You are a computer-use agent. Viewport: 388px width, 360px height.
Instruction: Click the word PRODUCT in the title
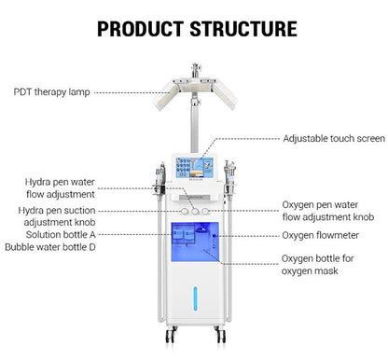click(x=140, y=29)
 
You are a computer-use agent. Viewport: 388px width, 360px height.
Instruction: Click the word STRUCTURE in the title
click(x=243, y=29)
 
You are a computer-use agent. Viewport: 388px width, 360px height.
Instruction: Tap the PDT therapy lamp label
click(x=51, y=92)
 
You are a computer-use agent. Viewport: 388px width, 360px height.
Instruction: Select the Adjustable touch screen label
click(x=334, y=138)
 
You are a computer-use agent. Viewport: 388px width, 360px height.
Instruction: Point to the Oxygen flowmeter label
click(x=320, y=235)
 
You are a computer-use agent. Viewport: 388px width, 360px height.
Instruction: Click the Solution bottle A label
click(x=61, y=235)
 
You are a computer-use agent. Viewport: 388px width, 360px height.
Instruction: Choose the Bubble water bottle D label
click(x=50, y=247)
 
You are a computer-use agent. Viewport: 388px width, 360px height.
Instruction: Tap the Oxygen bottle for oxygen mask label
click(x=317, y=265)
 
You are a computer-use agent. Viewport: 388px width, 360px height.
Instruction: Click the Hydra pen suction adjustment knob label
click(x=57, y=216)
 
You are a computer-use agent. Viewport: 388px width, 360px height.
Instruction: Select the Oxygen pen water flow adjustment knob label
click(x=327, y=211)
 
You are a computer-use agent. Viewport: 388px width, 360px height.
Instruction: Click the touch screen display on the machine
click(x=194, y=168)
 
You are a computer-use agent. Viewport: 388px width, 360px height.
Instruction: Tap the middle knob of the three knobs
click(x=195, y=212)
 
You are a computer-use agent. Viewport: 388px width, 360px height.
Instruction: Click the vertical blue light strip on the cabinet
click(x=195, y=298)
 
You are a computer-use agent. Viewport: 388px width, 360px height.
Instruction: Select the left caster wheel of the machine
click(x=170, y=336)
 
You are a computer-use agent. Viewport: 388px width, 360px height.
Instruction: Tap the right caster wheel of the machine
click(x=221, y=336)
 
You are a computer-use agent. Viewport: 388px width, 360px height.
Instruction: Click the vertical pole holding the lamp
click(x=195, y=124)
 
